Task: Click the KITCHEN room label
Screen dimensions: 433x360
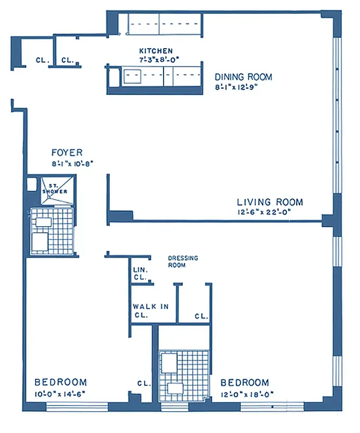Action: tap(156, 51)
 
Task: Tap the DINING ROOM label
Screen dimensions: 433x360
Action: tap(244, 77)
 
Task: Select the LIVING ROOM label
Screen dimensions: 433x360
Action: tap(270, 202)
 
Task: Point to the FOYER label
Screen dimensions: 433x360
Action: tap(67, 153)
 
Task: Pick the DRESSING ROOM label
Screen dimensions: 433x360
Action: tap(182, 261)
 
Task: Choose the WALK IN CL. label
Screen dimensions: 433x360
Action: tap(150, 310)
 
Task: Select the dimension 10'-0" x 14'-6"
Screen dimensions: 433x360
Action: tap(60, 393)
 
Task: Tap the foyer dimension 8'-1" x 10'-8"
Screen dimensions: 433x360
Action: tap(70, 162)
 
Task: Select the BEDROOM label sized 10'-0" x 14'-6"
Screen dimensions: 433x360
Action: tap(60, 382)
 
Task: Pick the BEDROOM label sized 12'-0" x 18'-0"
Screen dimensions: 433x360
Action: tap(245, 382)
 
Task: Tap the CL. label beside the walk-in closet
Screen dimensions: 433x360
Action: tap(201, 316)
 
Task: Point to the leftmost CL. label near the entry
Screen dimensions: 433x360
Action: tap(42, 61)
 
